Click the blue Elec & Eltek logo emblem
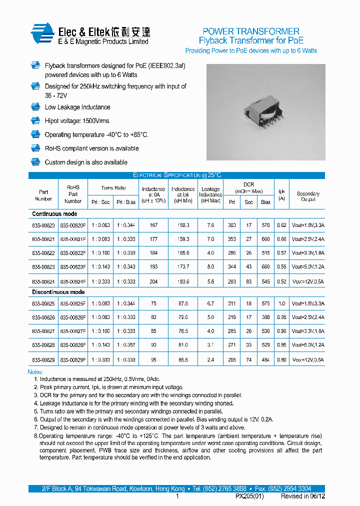(x=42, y=34)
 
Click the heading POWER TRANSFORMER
(x=251, y=31)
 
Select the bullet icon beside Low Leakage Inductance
(x=35, y=107)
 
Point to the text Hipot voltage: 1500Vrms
(x=76, y=121)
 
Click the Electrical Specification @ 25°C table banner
(x=176, y=175)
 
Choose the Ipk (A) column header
(x=281, y=194)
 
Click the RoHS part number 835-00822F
(x=73, y=253)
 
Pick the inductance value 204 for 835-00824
(x=153, y=281)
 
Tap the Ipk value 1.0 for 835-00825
(x=281, y=303)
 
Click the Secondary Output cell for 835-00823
(x=308, y=267)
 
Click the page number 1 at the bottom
(x=177, y=496)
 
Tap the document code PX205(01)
(x=249, y=496)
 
